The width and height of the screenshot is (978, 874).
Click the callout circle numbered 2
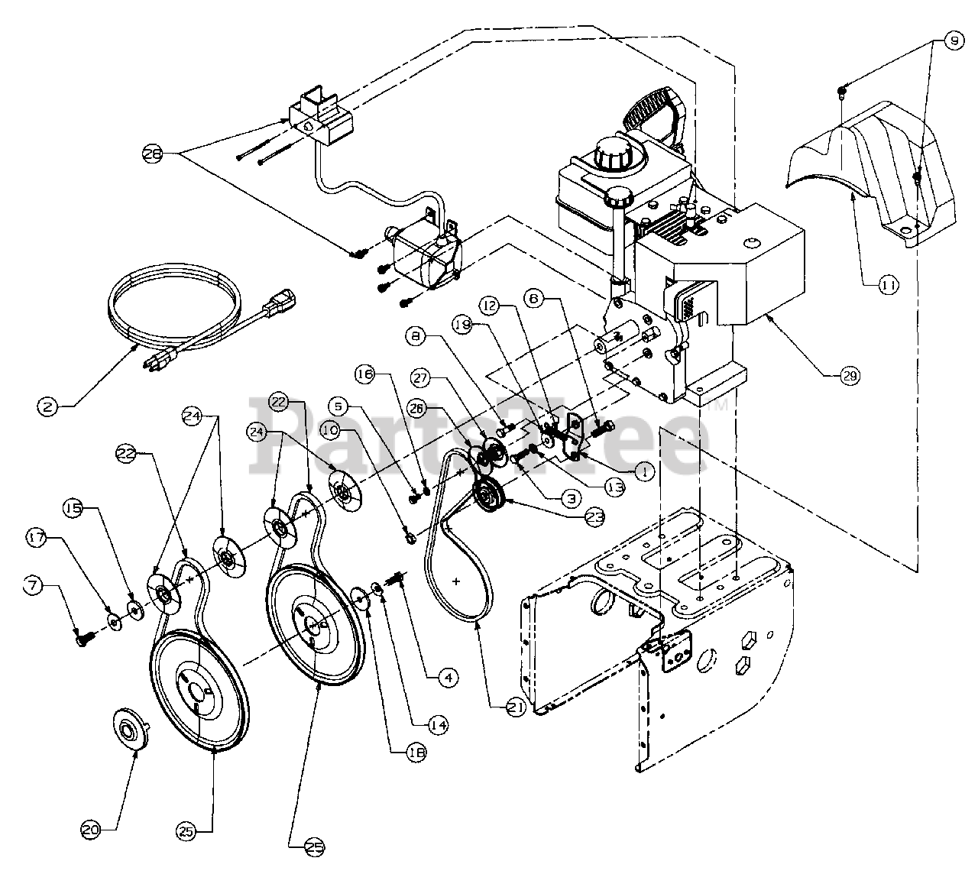tap(47, 407)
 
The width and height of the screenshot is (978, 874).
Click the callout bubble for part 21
tap(516, 709)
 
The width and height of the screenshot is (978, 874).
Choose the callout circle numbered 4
tap(449, 676)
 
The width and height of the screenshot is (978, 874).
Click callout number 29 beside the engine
tap(850, 375)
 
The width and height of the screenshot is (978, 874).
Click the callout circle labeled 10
tap(330, 430)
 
